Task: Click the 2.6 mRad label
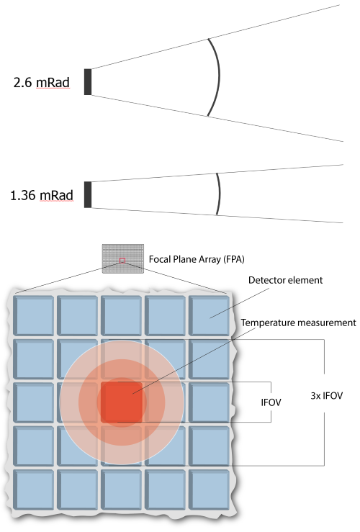click(41, 83)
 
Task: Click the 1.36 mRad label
click(42, 195)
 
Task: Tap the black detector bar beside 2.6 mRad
click(88, 82)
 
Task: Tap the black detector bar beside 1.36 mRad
click(88, 194)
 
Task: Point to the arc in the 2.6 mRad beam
click(219, 76)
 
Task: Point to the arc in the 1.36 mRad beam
click(219, 194)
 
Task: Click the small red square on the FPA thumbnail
click(122, 261)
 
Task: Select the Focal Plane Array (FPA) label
click(197, 259)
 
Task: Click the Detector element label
click(285, 280)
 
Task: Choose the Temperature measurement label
click(299, 323)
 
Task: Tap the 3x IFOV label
click(326, 396)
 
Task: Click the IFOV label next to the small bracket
click(271, 402)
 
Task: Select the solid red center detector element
click(122, 402)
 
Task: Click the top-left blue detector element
click(34, 315)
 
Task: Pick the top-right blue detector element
click(209, 315)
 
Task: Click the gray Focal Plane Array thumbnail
click(123, 258)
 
